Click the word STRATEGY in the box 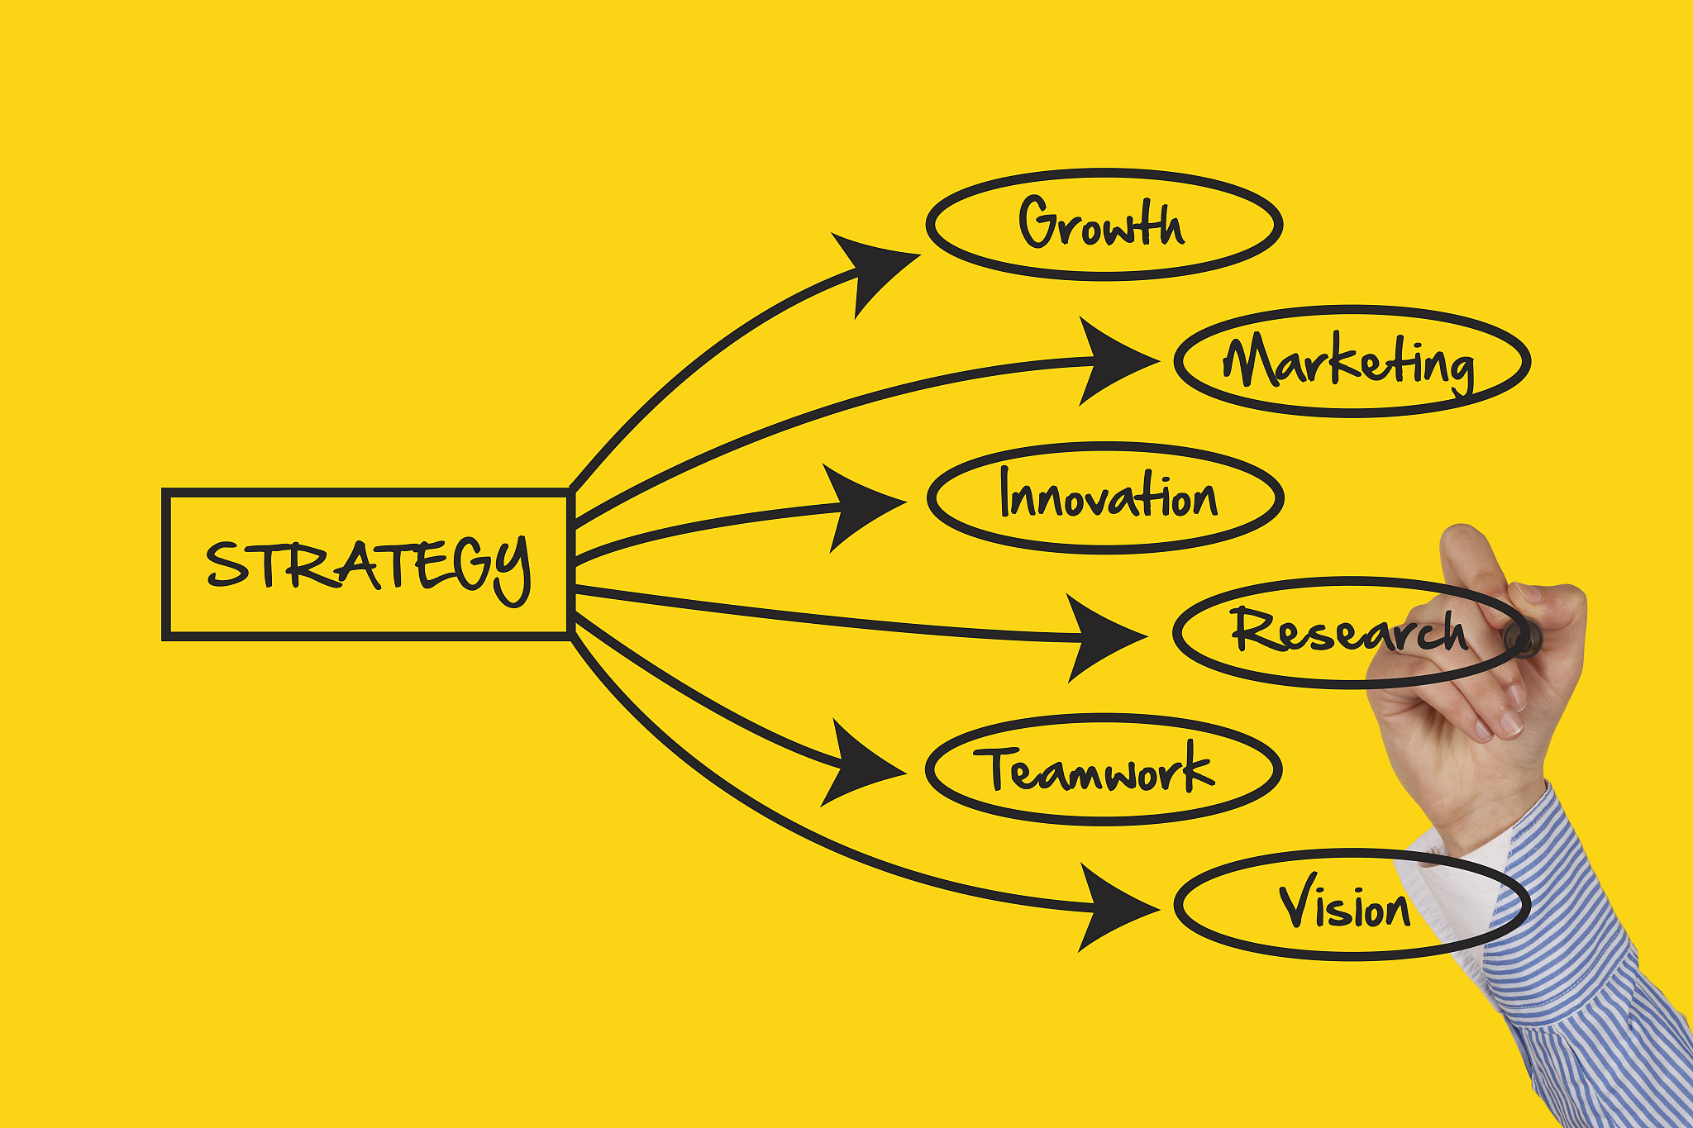click(368, 569)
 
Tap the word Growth click(1101, 222)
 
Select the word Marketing click(1348, 363)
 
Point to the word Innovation click(1108, 493)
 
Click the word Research click(1349, 630)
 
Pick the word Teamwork click(1094, 769)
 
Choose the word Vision click(1344, 902)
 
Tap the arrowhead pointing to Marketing click(1112, 361)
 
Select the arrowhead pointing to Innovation click(860, 506)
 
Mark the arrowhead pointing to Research click(1101, 637)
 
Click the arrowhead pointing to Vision click(1113, 907)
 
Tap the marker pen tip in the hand click(1519, 637)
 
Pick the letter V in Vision click(1299, 900)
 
